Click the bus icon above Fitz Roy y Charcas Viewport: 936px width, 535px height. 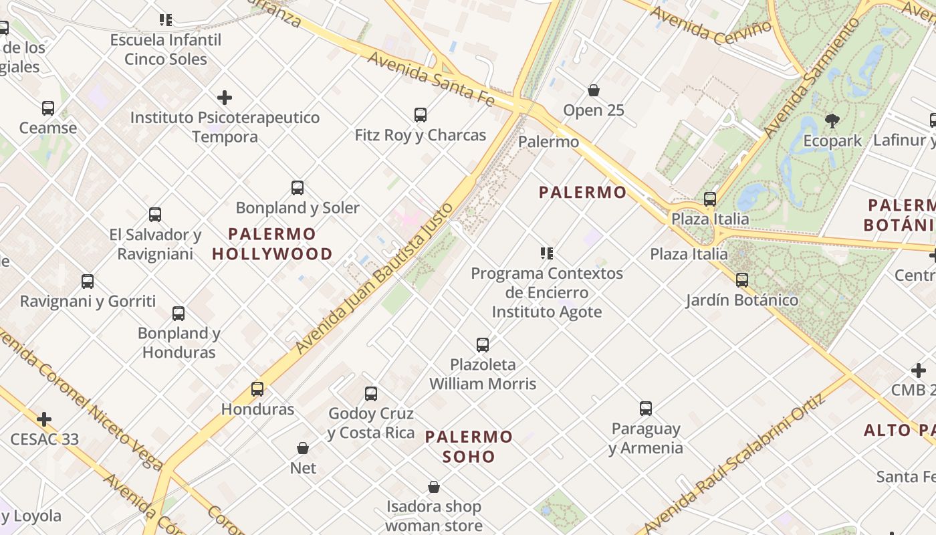pyautogui.click(x=420, y=115)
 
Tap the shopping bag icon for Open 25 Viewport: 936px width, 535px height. pyautogui.click(x=593, y=90)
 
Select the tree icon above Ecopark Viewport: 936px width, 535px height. pyautogui.click(x=832, y=121)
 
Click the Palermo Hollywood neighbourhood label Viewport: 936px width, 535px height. pyautogui.click(x=272, y=244)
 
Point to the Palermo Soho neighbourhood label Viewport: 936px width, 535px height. pyautogui.click(x=469, y=447)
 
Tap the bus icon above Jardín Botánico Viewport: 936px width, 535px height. pyautogui.click(x=742, y=280)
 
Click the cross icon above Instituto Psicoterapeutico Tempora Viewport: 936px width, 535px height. pyautogui.click(x=225, y=98)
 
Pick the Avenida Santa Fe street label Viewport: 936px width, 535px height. pyautogui.click(x=431, y=78)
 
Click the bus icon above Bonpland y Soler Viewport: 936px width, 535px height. pyautogui.click(x=298, y=188)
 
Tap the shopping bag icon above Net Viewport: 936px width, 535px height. pyautogui.click(x=303, y=448)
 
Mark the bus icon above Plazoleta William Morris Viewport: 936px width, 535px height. pyautogui.click(x=483, y=345)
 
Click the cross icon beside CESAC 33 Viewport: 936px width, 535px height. pyautogui.click(x=44, y=419)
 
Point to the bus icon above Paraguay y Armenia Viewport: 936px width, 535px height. pyautogui.click(x=645, y=409)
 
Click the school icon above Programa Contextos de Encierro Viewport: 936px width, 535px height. pyautogui.click(x=547, y=253)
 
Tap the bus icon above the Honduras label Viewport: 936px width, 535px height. pyautogui.click(x=257, y=389)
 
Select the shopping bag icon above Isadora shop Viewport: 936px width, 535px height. pyautogui.click(x=434, y=487)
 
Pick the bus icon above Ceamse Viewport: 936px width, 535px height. pyautogui.click(x=48, y=108)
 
